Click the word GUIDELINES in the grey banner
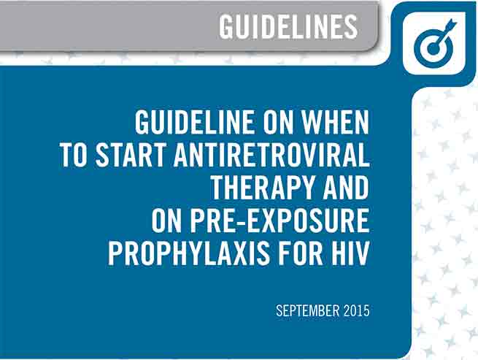click(288, 27)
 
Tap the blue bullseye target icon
click(433, 44)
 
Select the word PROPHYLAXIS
click(189, 253)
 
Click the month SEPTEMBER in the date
click(307, 310)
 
